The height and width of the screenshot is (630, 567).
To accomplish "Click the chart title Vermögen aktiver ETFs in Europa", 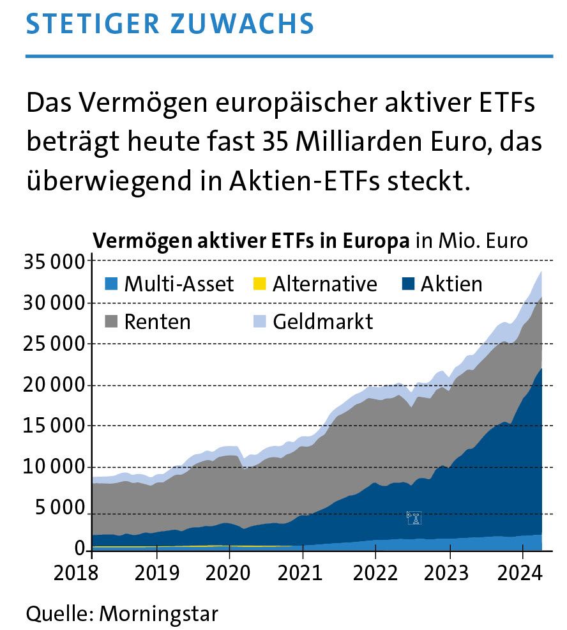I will pyautogui.click(x=252, y=242).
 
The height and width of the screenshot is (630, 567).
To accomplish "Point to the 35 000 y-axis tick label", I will pyautogui.click(x=54, y=261).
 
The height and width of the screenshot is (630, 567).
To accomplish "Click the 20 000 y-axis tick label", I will pyautogui.click(x=54, y=385).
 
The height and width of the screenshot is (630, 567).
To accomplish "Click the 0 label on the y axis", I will pyautogui.click(x=79, y=549).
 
